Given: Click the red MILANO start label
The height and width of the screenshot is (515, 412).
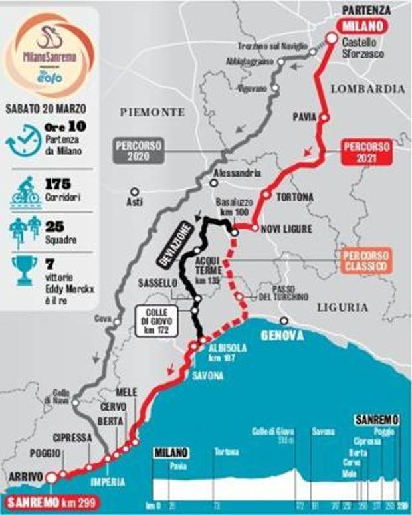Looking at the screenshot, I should (363, 27).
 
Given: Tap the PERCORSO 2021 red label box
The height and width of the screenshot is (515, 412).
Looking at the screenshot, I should (366, 154).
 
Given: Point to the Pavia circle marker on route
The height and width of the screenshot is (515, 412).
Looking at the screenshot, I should (324, 118).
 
